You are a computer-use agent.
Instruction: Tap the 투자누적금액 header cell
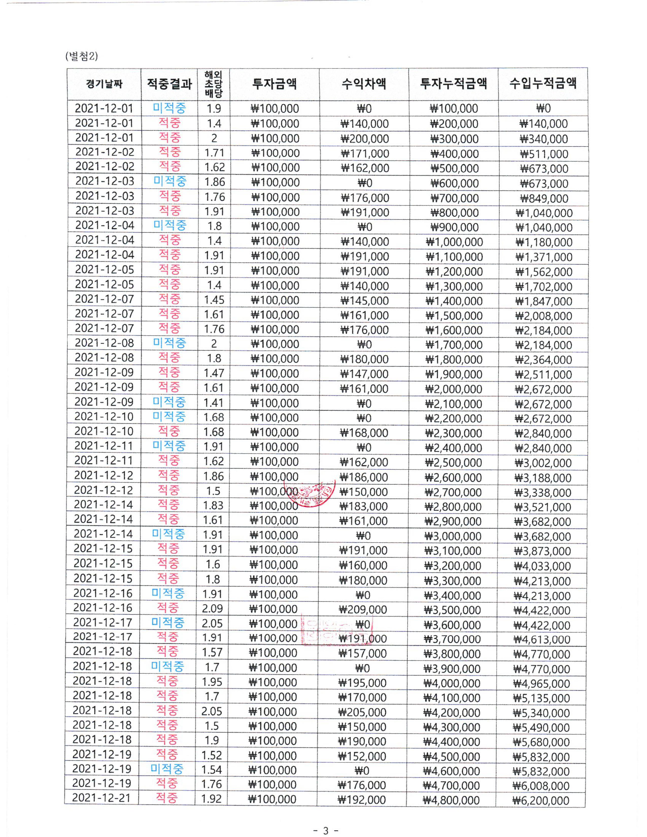(453, 83)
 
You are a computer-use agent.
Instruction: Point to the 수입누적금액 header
(543, 83)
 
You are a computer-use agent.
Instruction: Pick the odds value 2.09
(212, 608)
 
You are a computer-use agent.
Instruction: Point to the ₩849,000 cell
(544, 198)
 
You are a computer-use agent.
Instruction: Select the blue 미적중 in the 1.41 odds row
(169, 402)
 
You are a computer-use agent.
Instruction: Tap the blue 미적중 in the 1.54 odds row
(167, 769)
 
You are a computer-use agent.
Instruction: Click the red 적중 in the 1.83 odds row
(168, 505)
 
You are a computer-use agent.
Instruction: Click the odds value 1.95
(212, 682)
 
